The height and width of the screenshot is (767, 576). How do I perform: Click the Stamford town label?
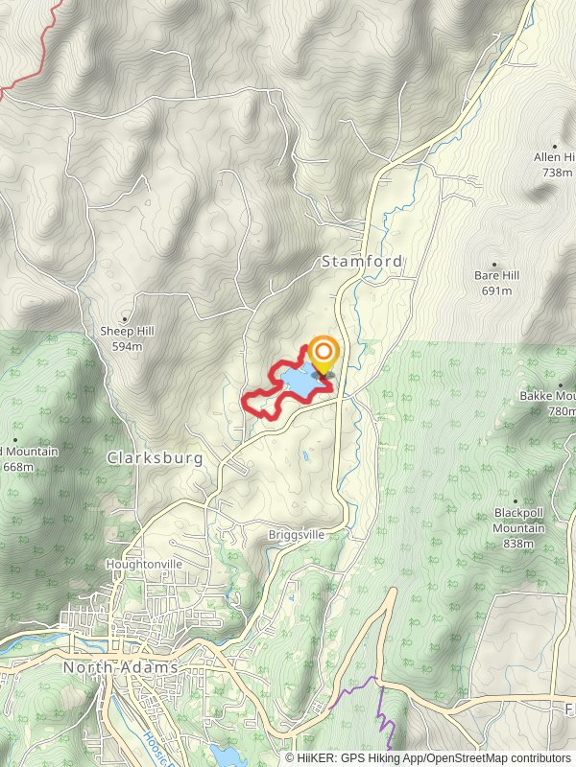coord(362,261)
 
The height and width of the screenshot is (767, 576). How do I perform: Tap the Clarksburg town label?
coord(156,458)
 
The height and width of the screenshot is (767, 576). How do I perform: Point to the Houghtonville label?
coord(144,565)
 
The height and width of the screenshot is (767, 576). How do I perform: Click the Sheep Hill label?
coord(127,332)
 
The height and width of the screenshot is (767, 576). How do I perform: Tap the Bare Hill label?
coord(496,276)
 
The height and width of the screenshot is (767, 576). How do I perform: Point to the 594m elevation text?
coord(127,346)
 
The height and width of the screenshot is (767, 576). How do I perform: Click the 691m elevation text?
coord(496,291)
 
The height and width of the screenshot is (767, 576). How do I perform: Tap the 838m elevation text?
coord(518,544)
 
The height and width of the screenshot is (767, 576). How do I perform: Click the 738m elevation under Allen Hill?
coord(557,172)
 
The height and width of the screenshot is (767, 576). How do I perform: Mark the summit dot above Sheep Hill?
coord(125,318)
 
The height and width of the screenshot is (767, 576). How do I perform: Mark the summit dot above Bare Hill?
coord(494,264)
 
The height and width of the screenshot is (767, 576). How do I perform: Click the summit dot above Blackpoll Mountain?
coord(516,500)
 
